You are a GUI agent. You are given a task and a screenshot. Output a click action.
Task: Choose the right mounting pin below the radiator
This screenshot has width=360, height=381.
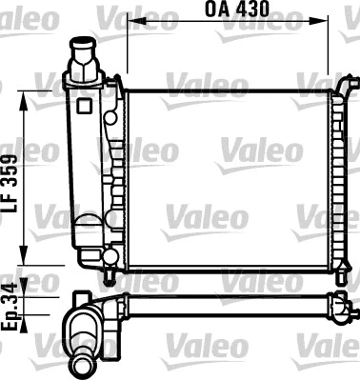coord(335,276)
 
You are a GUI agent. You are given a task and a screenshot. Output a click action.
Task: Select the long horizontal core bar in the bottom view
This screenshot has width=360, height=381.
coord(229,304)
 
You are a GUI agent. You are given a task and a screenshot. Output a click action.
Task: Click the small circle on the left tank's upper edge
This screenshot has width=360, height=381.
coord(111,118)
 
